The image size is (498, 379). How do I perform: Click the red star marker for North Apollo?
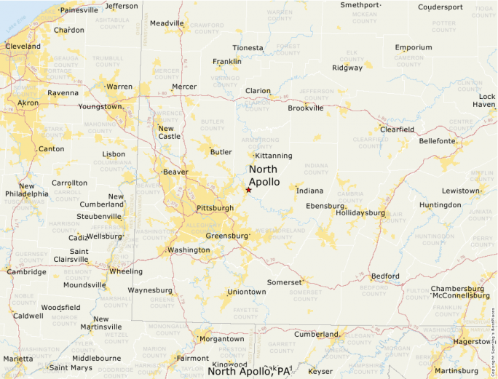point(248,190)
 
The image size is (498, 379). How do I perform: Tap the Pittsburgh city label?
point(215,208)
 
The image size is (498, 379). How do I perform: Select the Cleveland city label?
point(23,46)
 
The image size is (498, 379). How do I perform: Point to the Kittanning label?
point(273,156)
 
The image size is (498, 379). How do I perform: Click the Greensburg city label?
point(227,236)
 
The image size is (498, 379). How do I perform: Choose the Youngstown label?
point(100,106)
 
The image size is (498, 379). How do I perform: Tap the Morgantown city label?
point(221,339)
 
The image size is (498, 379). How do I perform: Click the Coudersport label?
point(440,7)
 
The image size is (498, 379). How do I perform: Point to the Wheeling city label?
point(125,271)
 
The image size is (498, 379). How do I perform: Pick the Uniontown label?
point(247,292)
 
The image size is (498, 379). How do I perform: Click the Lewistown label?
point(461,191)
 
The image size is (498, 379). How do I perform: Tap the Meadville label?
point(167,23)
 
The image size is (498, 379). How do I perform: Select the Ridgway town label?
point(347,68)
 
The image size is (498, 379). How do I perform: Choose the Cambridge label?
point(26,272)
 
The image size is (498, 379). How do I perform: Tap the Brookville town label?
point(305,108)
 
